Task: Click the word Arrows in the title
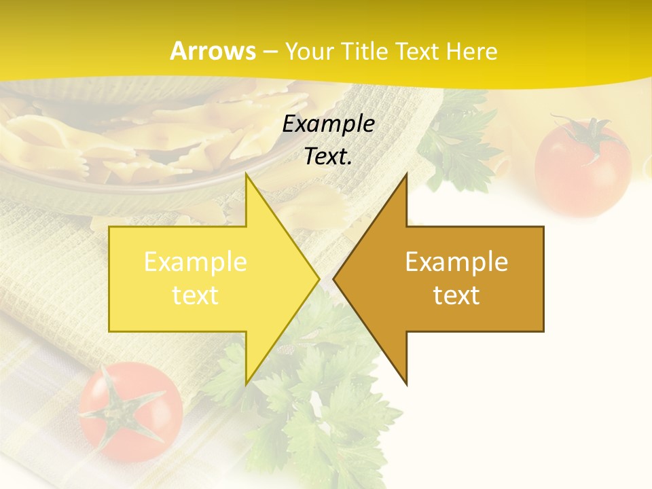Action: coord(213,51)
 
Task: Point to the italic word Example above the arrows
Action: coord(329,124)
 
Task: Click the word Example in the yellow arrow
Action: coord(196,262)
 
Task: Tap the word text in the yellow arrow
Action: coord(196,295)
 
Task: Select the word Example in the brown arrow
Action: coord(456,262)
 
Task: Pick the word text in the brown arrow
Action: coord(456,295)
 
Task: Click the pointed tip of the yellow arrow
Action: coord(318,278)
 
